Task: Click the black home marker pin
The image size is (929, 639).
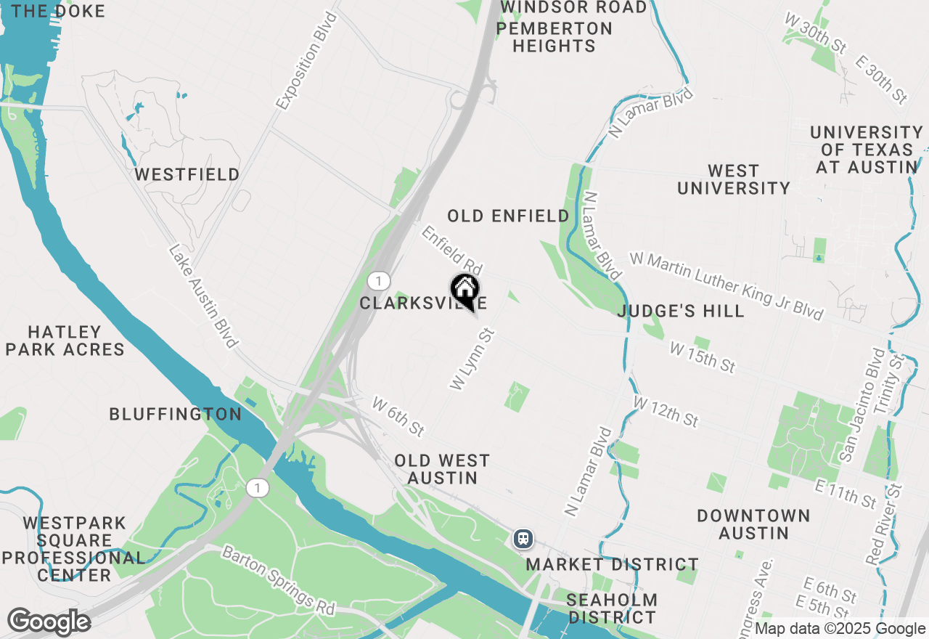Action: [x=464, y=290]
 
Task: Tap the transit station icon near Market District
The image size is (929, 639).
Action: [x=523, y=539]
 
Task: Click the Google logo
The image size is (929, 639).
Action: [x=49, y=622]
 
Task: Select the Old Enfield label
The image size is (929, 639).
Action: [x=508, y=216]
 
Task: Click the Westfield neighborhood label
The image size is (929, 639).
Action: [x=187, y=175]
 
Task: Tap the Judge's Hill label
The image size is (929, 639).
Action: [x=681, y=312]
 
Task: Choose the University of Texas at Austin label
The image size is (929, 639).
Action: [x=867, y=150]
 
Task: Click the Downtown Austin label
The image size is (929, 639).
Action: [x=753, y=524]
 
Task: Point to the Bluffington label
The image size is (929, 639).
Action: [x=175, y=414]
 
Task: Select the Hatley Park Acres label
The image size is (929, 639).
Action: [x=65, y=341]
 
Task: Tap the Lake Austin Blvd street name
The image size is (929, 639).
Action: [x=203, y=296]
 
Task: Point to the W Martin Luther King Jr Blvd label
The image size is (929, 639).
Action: [x=727, y=285]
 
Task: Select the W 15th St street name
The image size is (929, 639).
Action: [x=703, y=358]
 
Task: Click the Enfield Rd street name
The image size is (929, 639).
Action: [x=452, y=249]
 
